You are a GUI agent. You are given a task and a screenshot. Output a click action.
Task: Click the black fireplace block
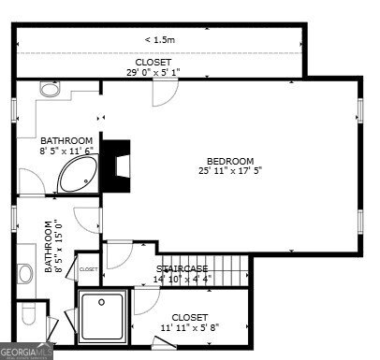tap(117, 160)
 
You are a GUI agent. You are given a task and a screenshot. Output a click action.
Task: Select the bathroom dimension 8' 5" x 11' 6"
tap(68, 151)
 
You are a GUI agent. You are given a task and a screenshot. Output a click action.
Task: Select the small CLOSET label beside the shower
tap(88, 269)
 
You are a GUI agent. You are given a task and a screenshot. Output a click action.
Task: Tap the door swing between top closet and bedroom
tap(163, 93)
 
